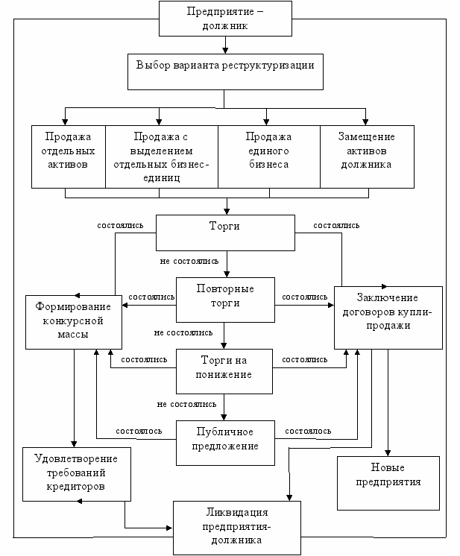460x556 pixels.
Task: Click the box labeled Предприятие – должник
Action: (225, 19)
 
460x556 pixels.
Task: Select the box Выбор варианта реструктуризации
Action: (225, 72)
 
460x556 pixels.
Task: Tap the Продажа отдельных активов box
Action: (69, 157)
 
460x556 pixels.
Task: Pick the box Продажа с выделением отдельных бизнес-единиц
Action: (162, 157)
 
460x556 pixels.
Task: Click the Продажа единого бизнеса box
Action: (269, 157)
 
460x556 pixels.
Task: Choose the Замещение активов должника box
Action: (367, 157)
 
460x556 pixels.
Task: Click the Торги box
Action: (225, 233)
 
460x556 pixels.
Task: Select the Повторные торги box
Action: (225, 300)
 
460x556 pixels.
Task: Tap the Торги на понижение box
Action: (224, 371)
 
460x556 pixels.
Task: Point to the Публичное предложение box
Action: (225, 443)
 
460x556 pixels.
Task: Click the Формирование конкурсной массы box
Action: (74, 322)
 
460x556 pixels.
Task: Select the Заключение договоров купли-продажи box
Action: (388, 318)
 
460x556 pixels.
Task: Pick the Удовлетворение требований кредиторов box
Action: (77, 474)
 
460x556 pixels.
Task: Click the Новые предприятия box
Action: (388, 483)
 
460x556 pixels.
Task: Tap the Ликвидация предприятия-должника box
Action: (237, 528)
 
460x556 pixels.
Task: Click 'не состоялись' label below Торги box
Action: (189, 262)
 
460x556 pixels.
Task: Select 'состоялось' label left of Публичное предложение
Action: (139, 432)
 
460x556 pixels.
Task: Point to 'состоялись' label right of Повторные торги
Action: (305, 297)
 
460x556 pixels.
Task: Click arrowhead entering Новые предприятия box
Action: (388, 453)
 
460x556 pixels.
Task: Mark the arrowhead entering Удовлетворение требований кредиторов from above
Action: (74, 444)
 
